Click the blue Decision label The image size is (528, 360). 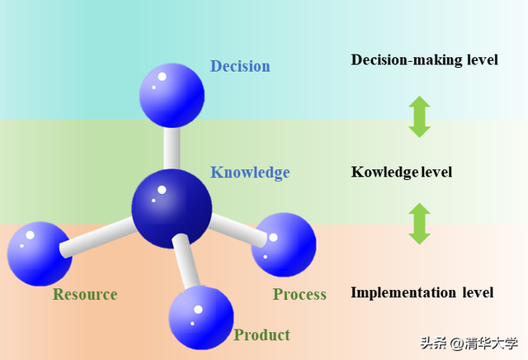240,66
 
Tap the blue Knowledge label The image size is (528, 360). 250,173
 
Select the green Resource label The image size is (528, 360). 85,294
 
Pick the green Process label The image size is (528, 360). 299,294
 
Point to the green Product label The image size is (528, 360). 262,335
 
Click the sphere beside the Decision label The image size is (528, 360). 172,96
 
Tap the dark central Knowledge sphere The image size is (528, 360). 172,209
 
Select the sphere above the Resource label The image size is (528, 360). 40,253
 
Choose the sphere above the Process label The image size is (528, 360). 284,244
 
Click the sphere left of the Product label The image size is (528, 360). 201,318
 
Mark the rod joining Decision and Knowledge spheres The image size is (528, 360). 172,148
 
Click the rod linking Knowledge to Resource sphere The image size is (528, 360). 98,237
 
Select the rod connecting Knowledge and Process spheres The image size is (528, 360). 238,230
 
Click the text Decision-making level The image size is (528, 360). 424,60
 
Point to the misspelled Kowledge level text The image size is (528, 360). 402,173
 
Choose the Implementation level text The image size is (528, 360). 422,292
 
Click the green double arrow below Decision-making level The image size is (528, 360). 420,117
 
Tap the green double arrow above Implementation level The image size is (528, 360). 420,224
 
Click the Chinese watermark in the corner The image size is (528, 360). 469,343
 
